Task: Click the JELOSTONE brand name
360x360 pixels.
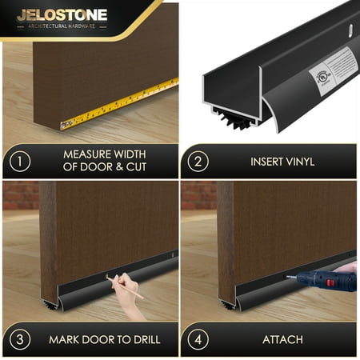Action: (62, 14)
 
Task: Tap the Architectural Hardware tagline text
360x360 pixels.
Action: (62, 26)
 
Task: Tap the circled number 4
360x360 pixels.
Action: (198, 339)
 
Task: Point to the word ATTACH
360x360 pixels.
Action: (282, 339)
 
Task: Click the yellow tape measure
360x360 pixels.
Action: (120, 104)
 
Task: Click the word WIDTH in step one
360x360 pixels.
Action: (134, 154)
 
